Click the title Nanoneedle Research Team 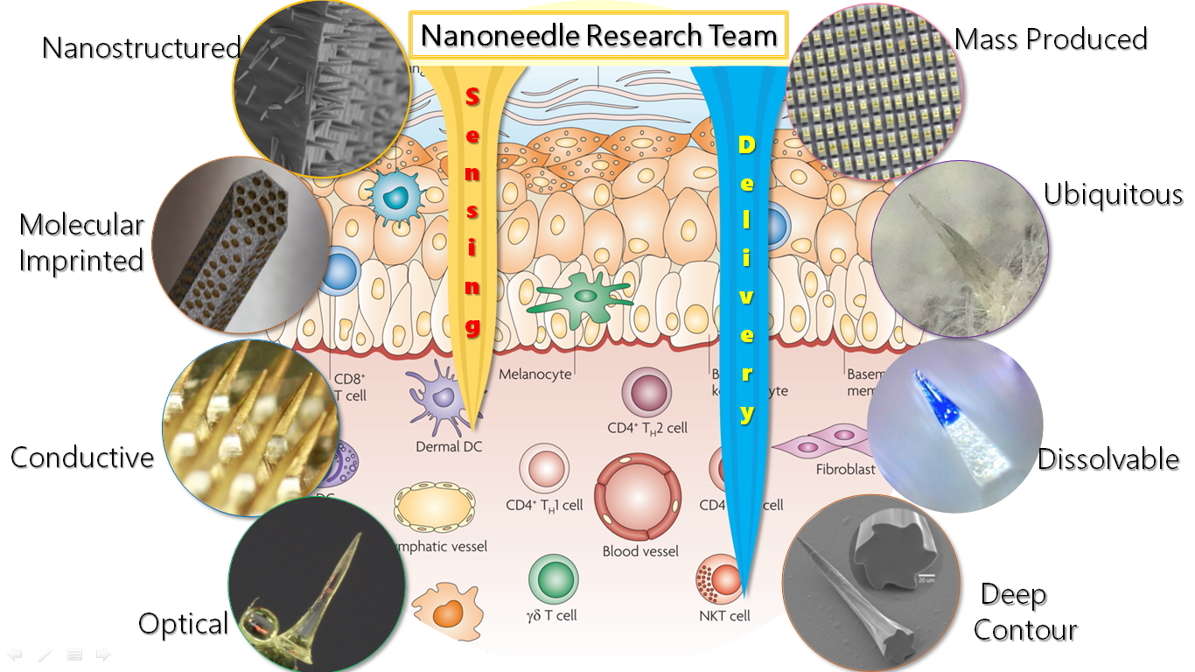point(598,36)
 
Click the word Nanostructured point(141,47)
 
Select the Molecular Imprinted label point(81,242)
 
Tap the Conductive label point(81,457)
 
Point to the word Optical point(183,624)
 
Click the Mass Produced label point(1051,39)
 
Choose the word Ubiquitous point(1113,194)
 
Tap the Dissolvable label point(1108,458)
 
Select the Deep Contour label point(1024,612)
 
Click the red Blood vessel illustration point(639,497)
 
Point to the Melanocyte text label point(535,374)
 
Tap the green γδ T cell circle point(553,578)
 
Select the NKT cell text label point(724,616)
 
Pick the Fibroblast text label point(845,469)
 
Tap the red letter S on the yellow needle point(472,96)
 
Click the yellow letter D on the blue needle point(746,144)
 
